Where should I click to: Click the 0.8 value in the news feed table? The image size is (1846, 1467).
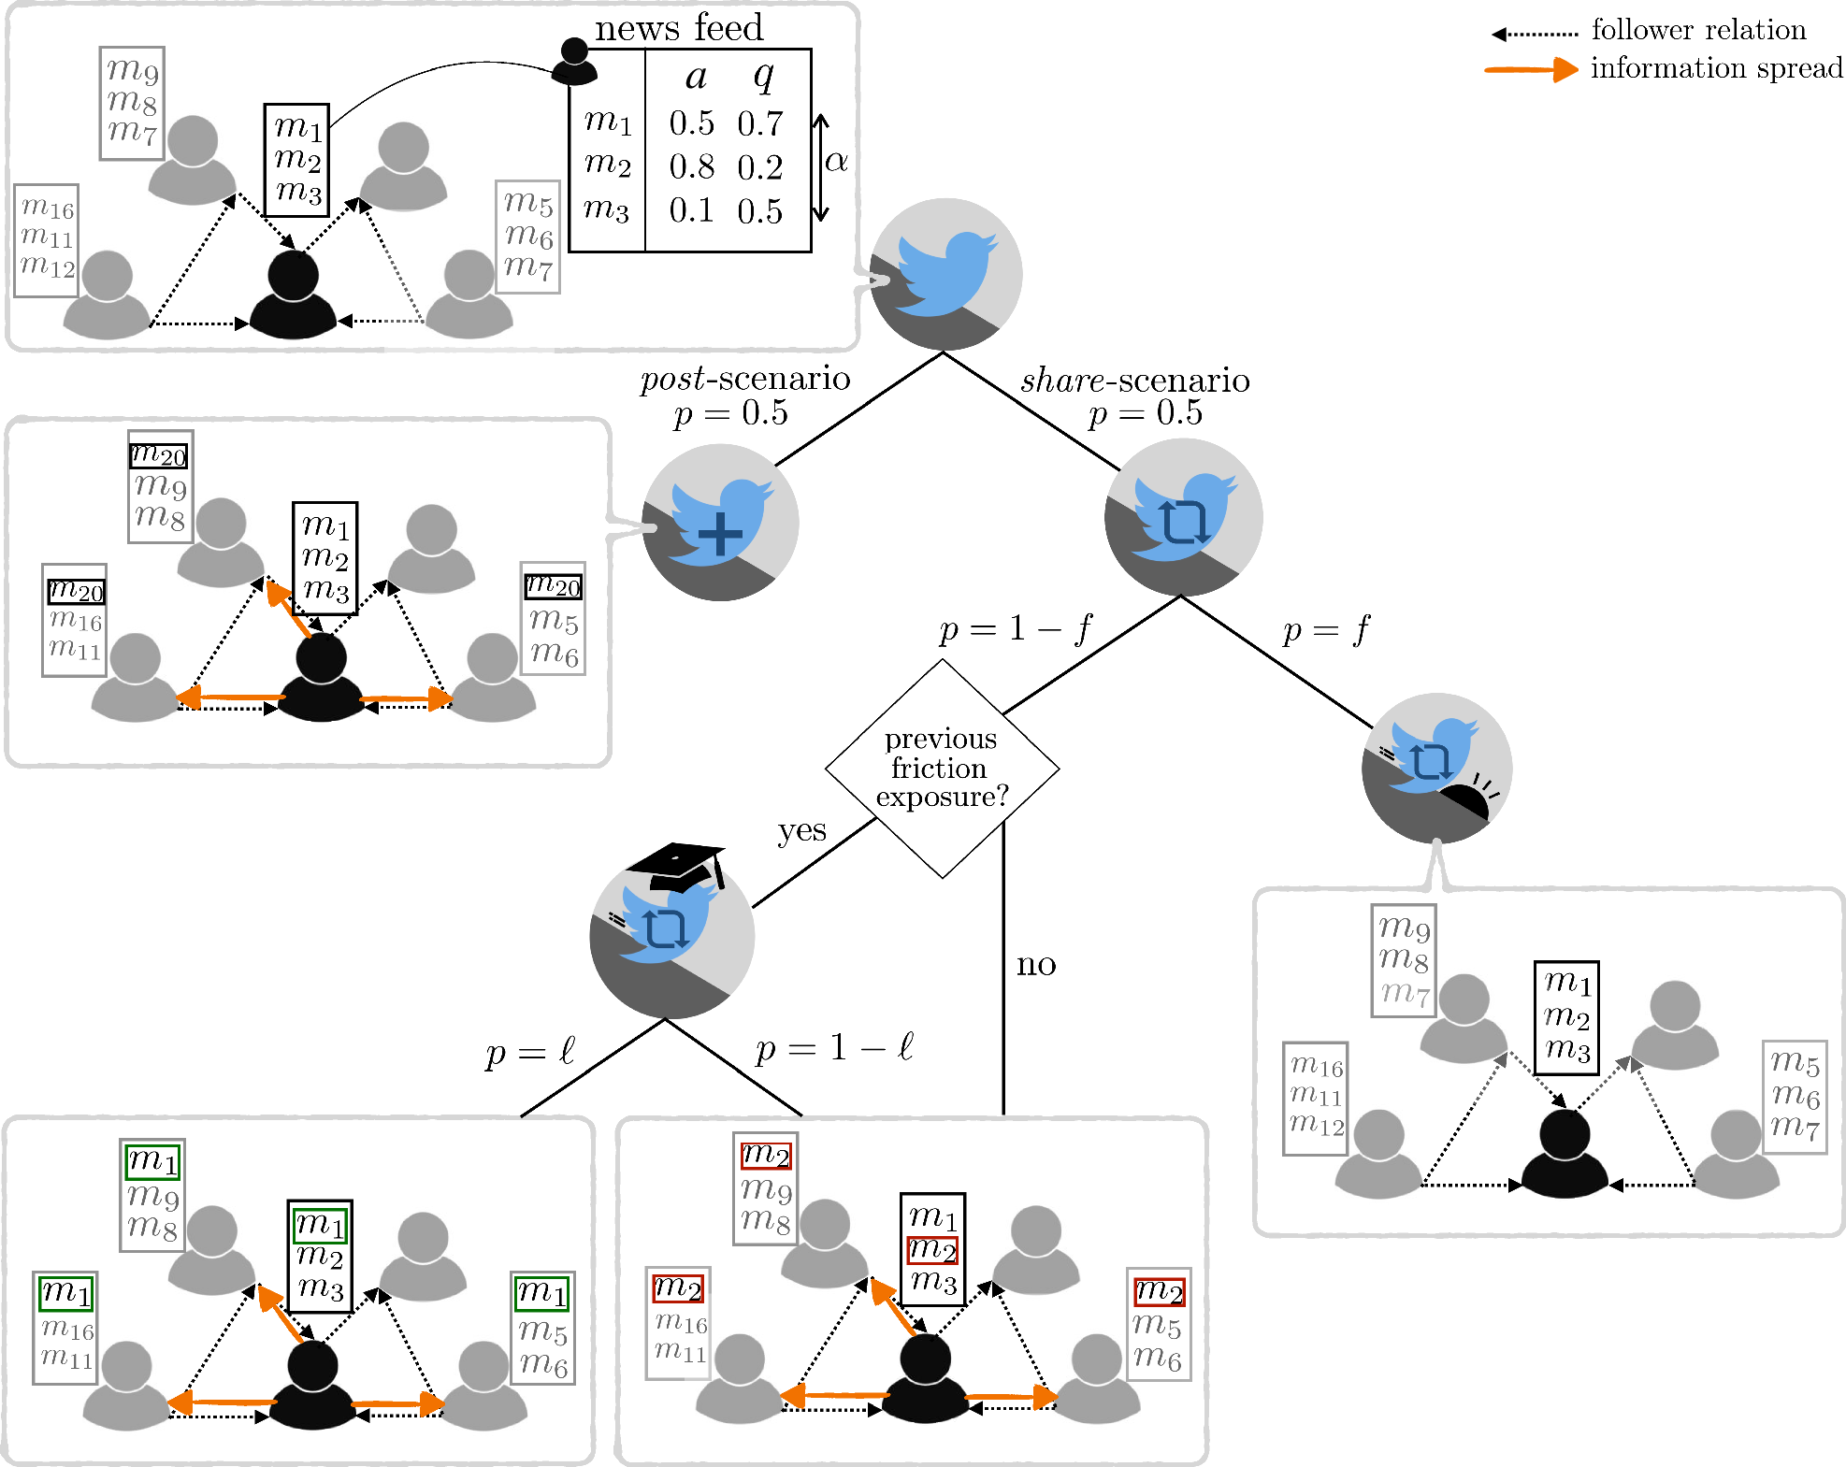pos(691,167)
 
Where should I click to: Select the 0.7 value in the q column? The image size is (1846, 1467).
pos(759,123)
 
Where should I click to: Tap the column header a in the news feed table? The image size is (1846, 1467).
pos(696,78)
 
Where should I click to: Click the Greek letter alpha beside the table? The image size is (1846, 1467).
pos(836,162)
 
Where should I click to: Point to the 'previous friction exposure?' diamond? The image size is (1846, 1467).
pos(943,769)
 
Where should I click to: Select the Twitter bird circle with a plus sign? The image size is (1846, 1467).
pos(720,523)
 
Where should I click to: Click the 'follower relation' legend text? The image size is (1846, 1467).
pos(1698,30)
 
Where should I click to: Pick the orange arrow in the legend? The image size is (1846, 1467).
pos(1531,69)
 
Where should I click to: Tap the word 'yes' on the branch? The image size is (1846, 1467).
pos(801,831)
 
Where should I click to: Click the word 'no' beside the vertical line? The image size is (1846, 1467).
pos(1036,964)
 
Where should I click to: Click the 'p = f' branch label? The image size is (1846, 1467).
pos(1326,631)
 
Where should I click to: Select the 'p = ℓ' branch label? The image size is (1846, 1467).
pos(530,1052)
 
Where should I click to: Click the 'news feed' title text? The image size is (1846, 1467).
pos(679,27)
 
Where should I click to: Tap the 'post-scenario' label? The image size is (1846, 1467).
pos(745,379)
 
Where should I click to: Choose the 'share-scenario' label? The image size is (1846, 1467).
pos(1135,381)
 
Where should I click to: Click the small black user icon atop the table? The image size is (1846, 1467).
pos(574,62)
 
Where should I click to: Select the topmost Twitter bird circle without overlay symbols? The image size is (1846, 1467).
pos(945,274)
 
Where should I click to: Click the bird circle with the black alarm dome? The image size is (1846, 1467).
pos(1436,769)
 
